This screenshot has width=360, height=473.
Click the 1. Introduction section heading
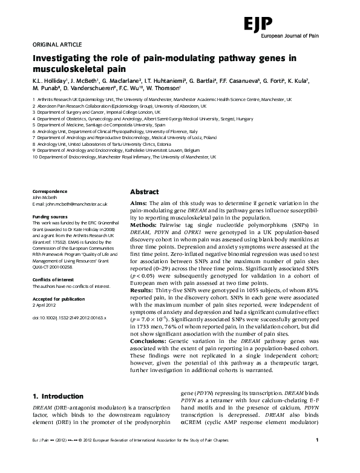tap(57, 396)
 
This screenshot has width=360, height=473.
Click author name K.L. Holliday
tap(50, 80)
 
